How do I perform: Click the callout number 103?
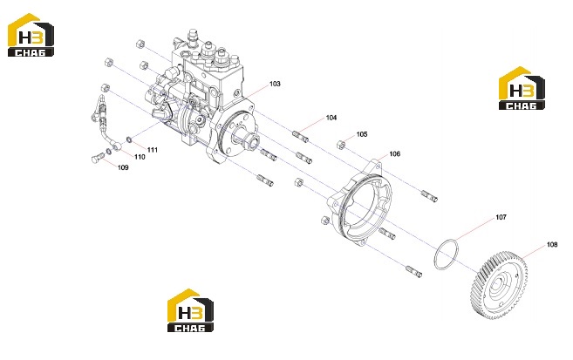pyautogui.click(x=275, y=84)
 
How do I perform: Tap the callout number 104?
pyautogui.click(x=331, y=118)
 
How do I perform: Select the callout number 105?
pyautogui.click(x=362, y=134)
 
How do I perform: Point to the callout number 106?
pyautogui.click(x=395, y=154)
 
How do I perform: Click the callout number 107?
pyautogui.click(x=501, y=217)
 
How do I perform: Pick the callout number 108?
pyautogui.click(x=552, y=245)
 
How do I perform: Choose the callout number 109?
pyautogui.click(x=123, y=167)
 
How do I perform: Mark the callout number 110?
pyautogui.click(x=140, y=157)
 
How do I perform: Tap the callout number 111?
pyautogui.click(x=153, y=150)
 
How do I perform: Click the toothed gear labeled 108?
pyautogui.click(x=498, y=285)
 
